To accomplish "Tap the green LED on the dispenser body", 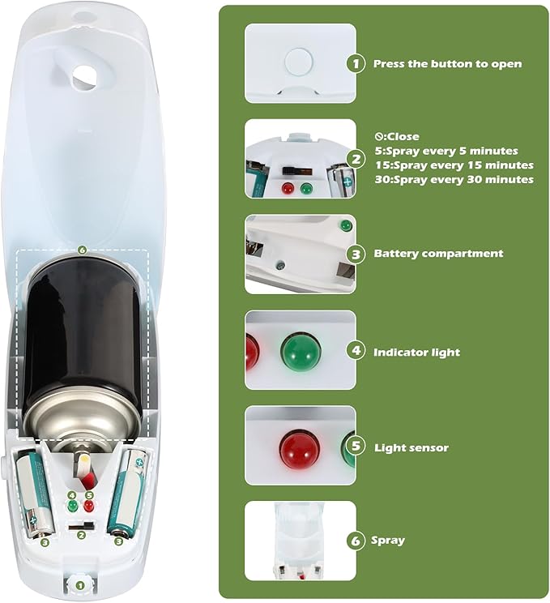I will click(72, 506).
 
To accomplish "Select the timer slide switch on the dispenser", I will click(79, 527).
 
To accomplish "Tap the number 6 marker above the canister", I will click(81, 250).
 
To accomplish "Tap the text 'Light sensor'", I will click(411, 447).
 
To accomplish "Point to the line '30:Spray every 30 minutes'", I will click(454, 179).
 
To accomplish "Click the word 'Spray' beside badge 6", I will click(389, 540).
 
